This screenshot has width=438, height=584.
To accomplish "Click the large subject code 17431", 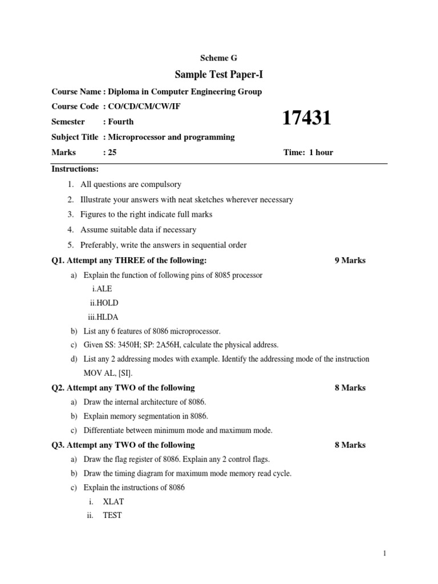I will click(307, 119).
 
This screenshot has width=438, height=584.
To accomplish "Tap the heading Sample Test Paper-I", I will click(218, 74).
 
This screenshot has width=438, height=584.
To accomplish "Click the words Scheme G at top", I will click(218, 58).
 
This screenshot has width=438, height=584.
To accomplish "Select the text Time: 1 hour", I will click(308, 152).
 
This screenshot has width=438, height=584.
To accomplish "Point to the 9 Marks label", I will click(350, 261).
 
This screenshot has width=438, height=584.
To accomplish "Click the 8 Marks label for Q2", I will click(350, 388).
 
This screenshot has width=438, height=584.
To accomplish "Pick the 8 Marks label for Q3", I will click(350, 445).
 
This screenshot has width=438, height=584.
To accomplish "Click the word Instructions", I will click(75, 169).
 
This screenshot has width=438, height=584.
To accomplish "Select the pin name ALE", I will click(105, 289).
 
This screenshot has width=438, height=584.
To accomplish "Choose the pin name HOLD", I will click(107, 303).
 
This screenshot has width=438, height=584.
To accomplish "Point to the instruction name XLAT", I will click(113, 502).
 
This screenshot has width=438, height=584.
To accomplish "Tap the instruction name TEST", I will click(112, 516).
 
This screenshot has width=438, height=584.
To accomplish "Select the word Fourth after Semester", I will click(121, 121).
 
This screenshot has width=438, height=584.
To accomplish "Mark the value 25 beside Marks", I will click(112, 152).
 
